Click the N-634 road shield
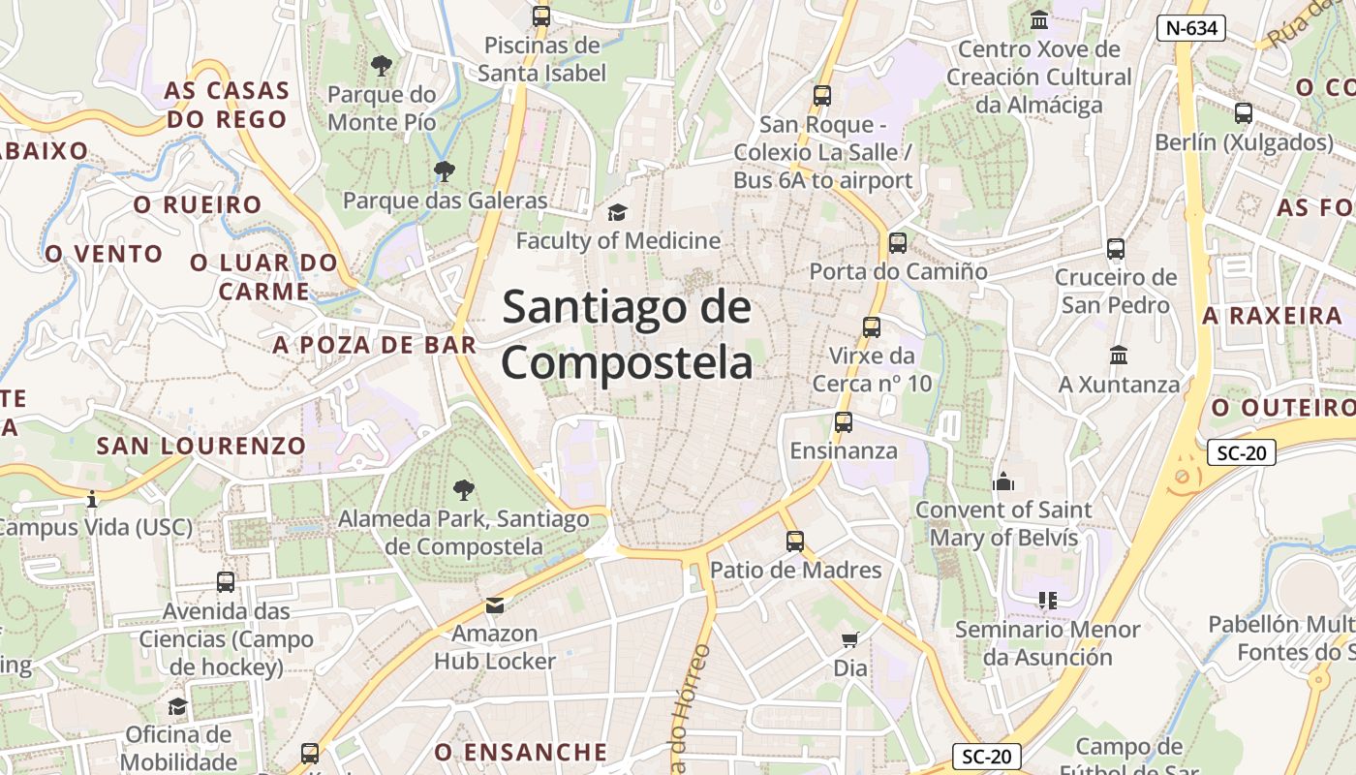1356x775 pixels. pyautogui.click(x=1191, y=28)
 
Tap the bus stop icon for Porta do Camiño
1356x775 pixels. pyautogui.click(x=898, y=243)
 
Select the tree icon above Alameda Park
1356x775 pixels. pyautogui.click(x=464, y=490)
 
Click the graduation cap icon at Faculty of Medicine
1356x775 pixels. pyautogui.click(x=617, y=212)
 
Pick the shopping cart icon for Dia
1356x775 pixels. pyautogui.click(x=850, y=639)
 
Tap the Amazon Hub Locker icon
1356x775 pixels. pyautogui.click(x=495, y=605)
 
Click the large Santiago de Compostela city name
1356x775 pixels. pyautogui.click(x=627, y=335)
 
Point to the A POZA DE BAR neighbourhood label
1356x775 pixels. pyautogui.click(x=375, y=345)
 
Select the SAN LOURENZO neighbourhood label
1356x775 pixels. pyautogui.click(x=201, y=446)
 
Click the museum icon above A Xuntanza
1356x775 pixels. pyautogui.click(x=1119, y=356)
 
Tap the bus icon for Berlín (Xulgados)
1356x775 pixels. pyautogui.click(x=1244, y=113)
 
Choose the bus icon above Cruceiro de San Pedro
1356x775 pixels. pyautogui.click(x=1116, y=249)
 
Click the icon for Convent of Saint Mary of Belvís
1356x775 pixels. pyautogui.click(x=1003, y=481)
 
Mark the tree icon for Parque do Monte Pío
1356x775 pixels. pyautogui.click(x=382, y=66)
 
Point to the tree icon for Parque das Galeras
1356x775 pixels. pyautogui.click(x=445, y=171)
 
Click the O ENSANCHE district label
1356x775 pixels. pyautogui.click(x=520, y=752)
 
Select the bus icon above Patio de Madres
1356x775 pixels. pyautogui.click(x=795, y=542)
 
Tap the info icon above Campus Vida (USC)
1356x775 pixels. pyautogui.click(x=92, y=499)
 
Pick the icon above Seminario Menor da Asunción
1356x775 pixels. pyautogui.click(x=1047, y=601)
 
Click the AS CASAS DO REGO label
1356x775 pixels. pyautogui.click(x=228, y=105)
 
